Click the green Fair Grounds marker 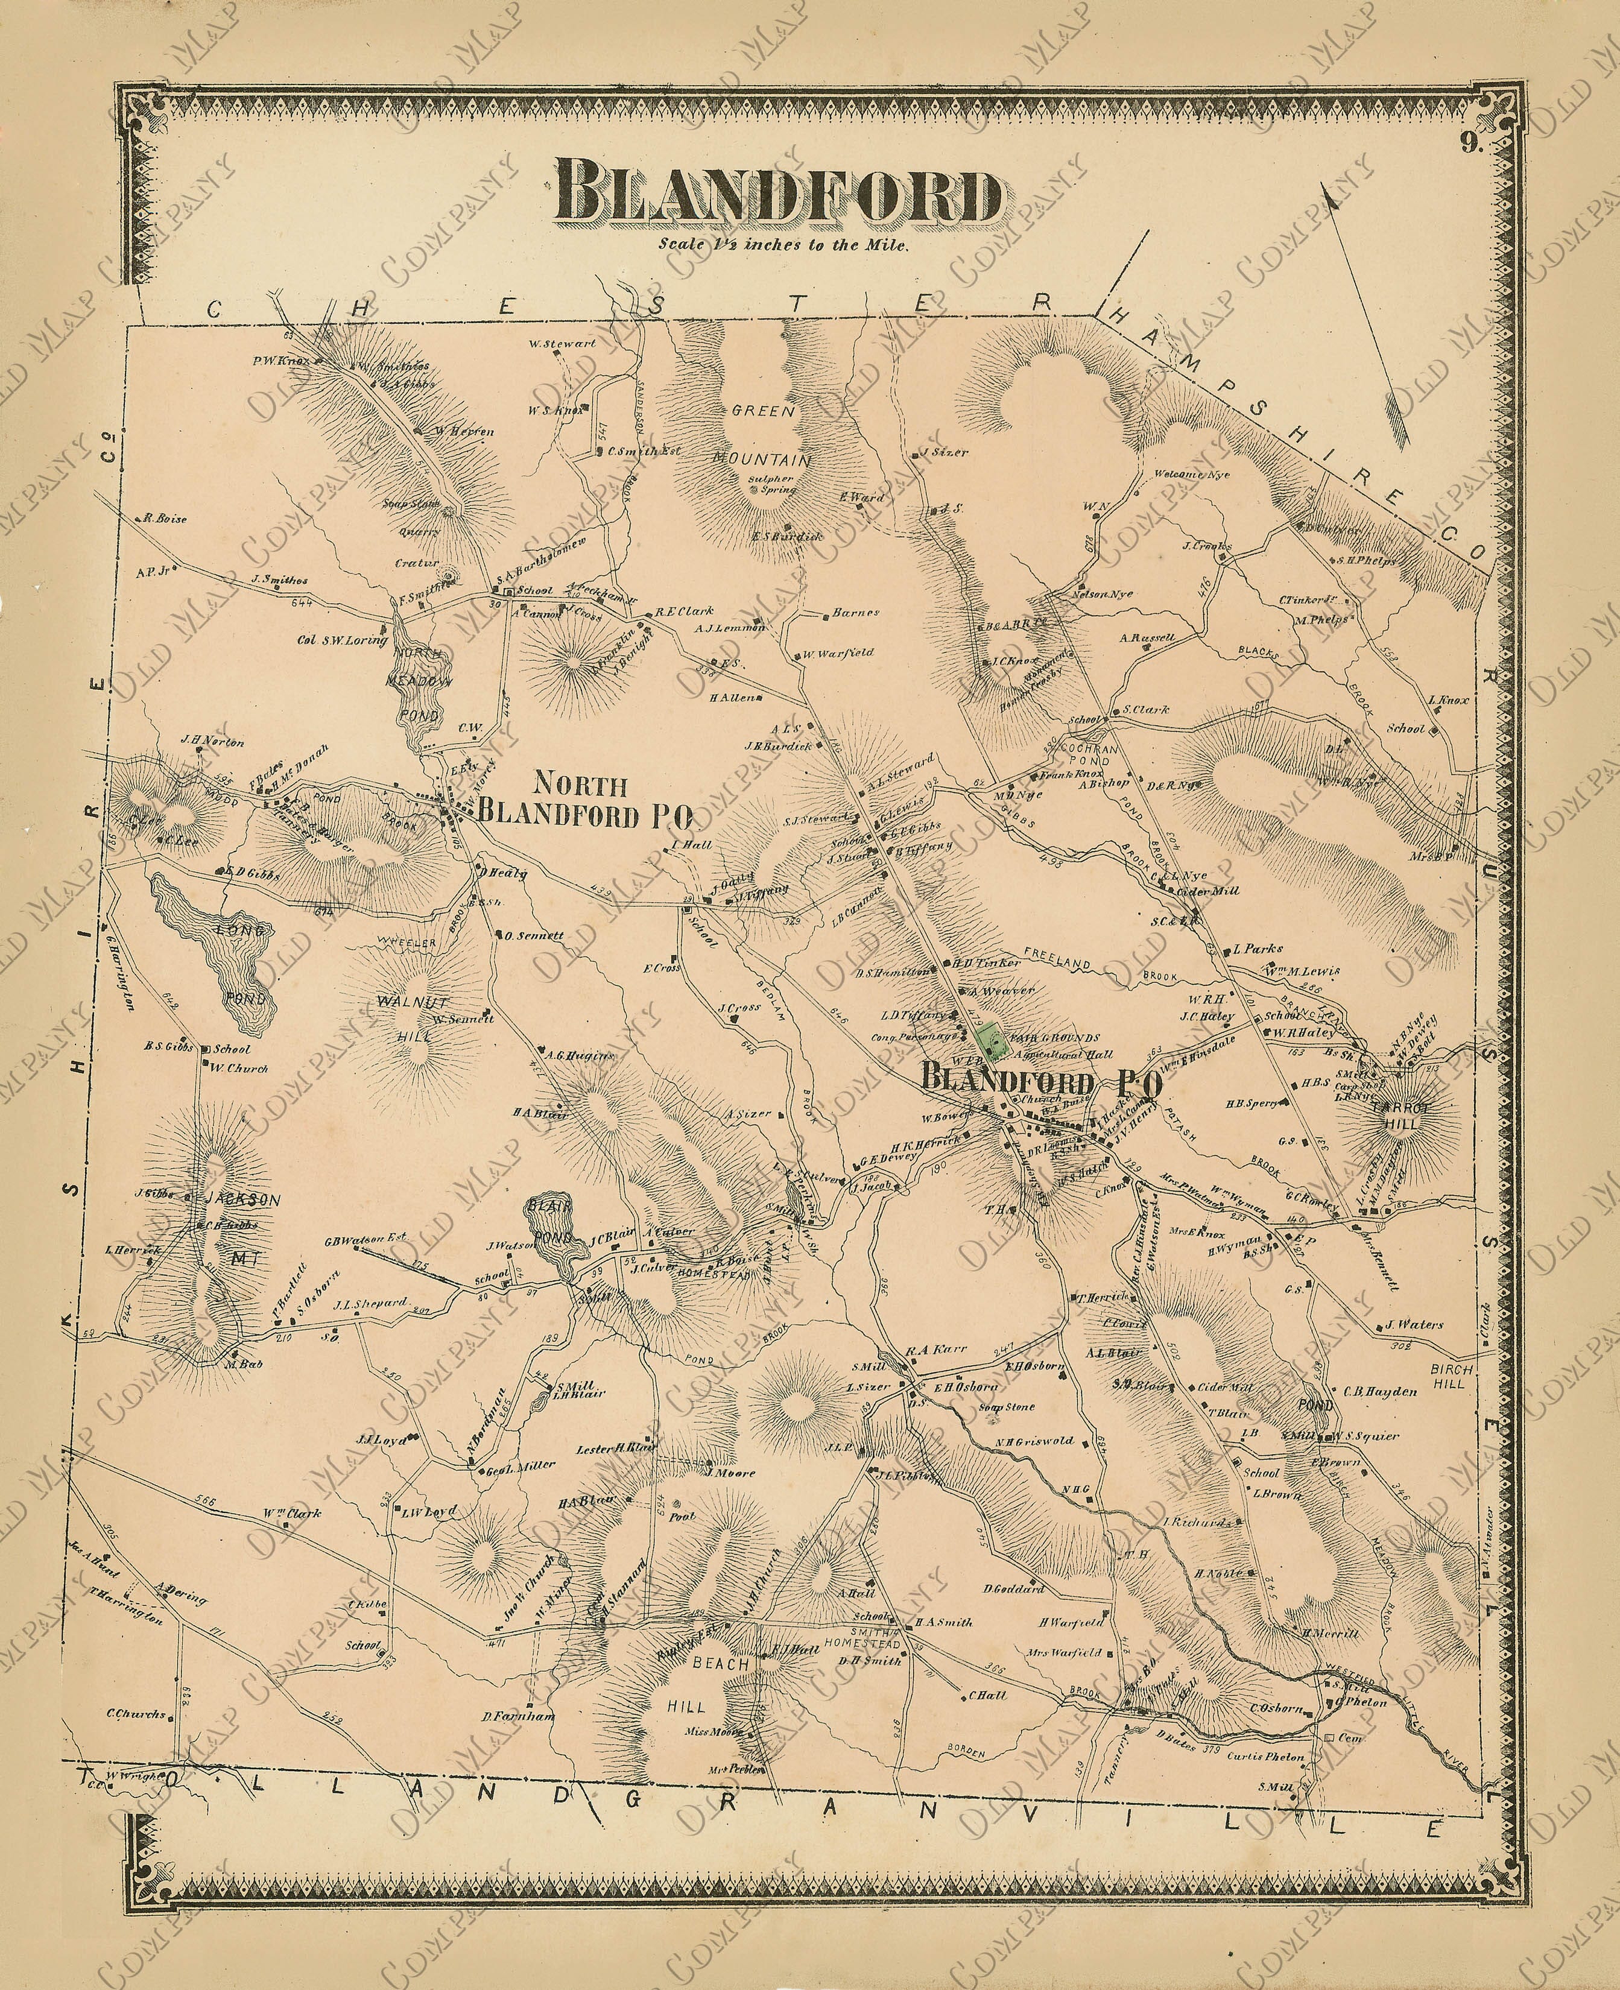click(986, 1039)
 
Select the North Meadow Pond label click(420, 682)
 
